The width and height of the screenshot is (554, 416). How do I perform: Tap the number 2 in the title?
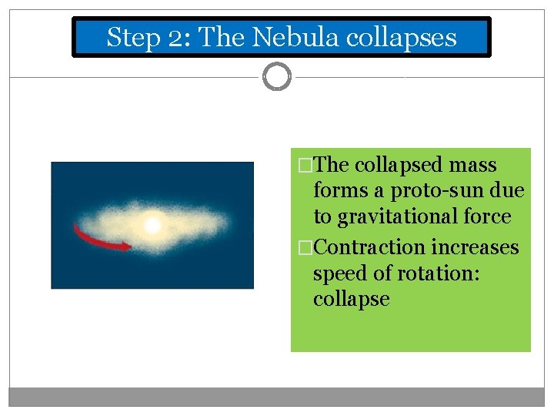tap(172, 37)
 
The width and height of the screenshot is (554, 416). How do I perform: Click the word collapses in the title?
tap(402, 37)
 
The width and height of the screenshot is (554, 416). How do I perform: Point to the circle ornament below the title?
tap(277, 77)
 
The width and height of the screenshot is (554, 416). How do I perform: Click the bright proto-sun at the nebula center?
tap(152, 225)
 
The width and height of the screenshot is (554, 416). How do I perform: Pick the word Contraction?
tap(369, 247)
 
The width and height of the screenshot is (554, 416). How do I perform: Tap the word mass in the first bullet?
tap(472, 165)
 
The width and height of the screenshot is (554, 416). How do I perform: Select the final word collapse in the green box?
tap(351, 299)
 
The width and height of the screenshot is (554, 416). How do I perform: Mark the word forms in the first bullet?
tap(339, 191)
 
